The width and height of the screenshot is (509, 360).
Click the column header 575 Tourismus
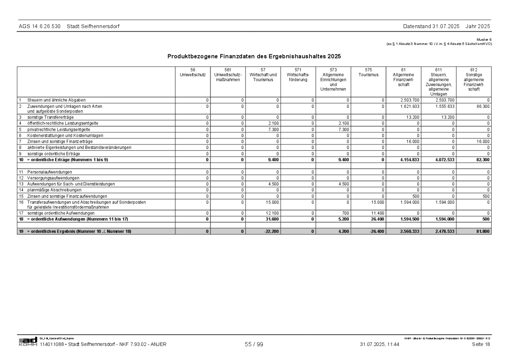tap(368, 72)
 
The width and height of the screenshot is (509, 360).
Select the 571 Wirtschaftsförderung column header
tap(298, 75)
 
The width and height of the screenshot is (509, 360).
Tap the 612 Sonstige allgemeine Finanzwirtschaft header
tap(474, 79)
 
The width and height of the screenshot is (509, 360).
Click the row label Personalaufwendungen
tap(50, 172)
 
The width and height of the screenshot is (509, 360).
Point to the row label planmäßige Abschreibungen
tap(54, 190)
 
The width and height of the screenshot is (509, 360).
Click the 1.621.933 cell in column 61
tap(410, 106)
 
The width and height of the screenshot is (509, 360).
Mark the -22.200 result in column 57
tap(271, 231)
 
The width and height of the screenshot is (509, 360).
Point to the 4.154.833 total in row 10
tap(410, 160)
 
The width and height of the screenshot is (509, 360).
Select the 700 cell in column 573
tap(346, 213)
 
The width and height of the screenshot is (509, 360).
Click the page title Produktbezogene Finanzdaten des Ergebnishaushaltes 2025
tap(254, 56)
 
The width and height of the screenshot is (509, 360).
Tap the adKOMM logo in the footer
tap(28, 342)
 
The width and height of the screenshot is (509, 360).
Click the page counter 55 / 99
tap(254, 345)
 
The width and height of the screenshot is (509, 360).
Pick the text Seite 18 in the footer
tap(481, 345)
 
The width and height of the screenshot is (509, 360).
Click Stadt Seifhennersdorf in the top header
tap(93, 26)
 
